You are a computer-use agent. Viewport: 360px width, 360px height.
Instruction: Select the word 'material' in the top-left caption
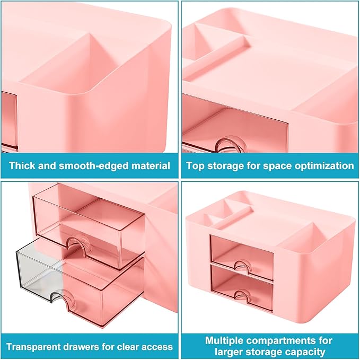tap(151, 165)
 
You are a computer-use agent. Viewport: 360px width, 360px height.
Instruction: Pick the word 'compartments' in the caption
tap(284, 340)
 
